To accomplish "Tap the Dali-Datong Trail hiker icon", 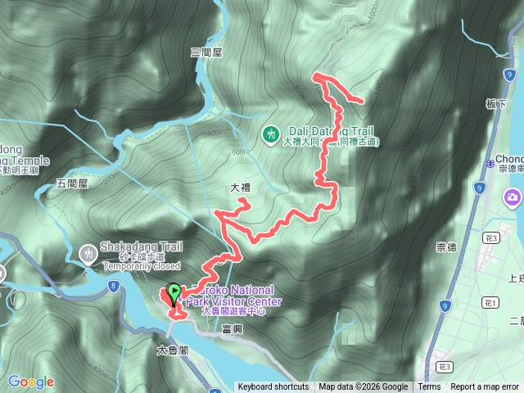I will [x=270, y=132].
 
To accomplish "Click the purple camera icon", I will [x=513, y=197].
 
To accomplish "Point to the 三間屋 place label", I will [x=206, y=52].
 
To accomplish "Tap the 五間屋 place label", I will [x=72, y=185].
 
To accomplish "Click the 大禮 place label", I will [x=240, y=188].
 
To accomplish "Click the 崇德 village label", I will [x=447, y=246].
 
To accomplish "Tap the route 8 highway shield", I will [x=112, y=286].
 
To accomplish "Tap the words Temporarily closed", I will [x=140, y=265].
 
